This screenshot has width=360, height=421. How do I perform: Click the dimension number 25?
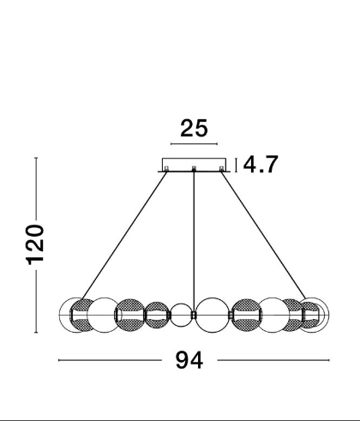pyautogui.click(x=194, y=129)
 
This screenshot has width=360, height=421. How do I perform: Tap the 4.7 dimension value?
pyautogui.click(x=261, y=165)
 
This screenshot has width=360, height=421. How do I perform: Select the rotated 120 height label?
pyautogui.click(x=35, y=245)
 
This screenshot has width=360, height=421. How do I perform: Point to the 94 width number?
pyautogui.click(x=189, y=360)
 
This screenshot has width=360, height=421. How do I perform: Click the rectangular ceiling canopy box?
pyautogui.click(x=194, y=165)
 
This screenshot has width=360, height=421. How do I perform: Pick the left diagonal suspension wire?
pyautogui.click(x=124, y=236)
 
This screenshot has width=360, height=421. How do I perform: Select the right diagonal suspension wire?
pyautogui.click(x=263, y=236)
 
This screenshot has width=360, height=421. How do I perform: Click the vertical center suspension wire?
pyautogui.click(x=194, y=242)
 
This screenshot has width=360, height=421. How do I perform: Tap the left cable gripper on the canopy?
pyautogui.click(x=166, y=169)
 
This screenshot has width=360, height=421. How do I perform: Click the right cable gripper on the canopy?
pyautogui.click(x=221, y=169)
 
